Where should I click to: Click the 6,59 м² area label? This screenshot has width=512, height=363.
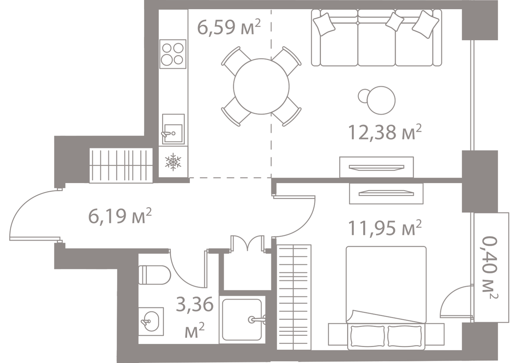(229, 27)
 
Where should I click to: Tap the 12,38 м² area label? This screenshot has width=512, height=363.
(385, 132)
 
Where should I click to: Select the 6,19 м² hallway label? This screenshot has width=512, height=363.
(120, 216)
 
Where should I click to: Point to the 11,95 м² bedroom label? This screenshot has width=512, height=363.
(385, 228)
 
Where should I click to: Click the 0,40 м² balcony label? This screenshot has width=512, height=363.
(490, 267)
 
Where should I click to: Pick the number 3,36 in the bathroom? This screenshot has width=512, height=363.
(195, 305)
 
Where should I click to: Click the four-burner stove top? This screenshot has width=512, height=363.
(173, 54)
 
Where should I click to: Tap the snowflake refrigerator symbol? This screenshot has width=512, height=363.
(173, 162)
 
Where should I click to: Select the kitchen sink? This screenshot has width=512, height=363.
(173, 129)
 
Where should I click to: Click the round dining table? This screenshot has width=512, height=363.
(261, 86)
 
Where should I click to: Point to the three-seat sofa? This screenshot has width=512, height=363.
(376, 38)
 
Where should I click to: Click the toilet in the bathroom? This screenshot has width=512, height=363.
(155, 275)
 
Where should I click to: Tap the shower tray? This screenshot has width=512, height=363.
(242, 320)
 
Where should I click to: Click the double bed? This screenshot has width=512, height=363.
(386, 298)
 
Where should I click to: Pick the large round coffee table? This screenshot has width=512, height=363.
(381, 100)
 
